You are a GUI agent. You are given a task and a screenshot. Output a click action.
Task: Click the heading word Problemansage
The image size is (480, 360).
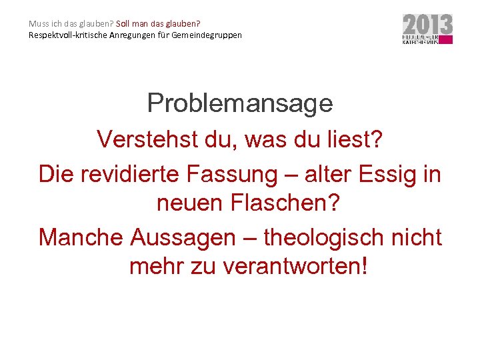click(240, 103)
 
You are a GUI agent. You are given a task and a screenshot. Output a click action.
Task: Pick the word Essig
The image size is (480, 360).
click(391, 174)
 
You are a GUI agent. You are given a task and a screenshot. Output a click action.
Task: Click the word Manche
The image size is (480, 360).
click(81, 237)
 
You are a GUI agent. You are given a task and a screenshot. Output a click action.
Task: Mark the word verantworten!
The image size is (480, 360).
click(294, 266)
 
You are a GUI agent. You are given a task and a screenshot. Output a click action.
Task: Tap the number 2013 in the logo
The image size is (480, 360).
click(427, 25)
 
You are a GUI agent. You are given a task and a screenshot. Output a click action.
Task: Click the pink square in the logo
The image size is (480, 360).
click(446, 40)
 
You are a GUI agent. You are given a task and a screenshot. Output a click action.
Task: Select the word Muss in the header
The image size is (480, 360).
click(38, 23)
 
